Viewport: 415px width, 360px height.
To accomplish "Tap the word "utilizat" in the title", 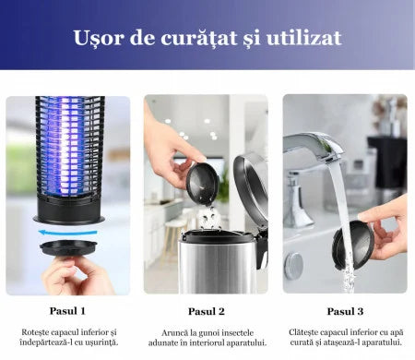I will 299,38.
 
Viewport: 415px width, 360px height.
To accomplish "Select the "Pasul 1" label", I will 67,311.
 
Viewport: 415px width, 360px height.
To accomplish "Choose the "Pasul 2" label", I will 207,311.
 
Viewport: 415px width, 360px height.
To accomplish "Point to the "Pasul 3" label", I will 345,311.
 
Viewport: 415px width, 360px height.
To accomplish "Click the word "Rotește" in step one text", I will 39,331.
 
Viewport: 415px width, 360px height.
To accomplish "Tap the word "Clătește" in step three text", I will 311,331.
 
